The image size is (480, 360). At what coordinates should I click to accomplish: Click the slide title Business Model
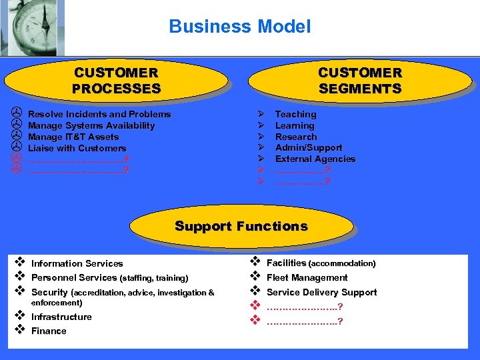pos(239,27)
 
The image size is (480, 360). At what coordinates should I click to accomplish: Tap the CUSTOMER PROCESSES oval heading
pos(116,81)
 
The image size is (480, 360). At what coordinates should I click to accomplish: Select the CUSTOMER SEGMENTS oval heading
pos(360,81)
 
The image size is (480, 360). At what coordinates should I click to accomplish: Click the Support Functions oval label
pos(241,226)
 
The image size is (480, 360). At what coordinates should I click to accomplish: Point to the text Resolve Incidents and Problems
pos(99,114)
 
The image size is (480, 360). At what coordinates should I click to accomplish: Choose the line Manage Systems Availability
pos(91,125)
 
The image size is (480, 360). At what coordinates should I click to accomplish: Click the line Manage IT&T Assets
pos(73,137)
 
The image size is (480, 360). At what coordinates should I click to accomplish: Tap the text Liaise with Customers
pos(77,148)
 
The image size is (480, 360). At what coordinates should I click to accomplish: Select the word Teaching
pos(295,114)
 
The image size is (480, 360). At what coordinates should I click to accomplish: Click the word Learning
pos(295,125)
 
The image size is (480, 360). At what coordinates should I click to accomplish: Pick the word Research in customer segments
pos(296,137)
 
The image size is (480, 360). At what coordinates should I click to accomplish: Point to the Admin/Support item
pos(309,147)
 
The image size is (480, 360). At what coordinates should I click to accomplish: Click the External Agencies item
pos(315,159)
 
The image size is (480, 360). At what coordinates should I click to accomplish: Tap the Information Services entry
pos(77,263)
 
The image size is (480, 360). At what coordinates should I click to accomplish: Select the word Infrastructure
pos(61,317)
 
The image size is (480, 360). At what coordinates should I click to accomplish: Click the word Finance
pos(49,331)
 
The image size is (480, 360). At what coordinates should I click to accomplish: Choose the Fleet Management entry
pos(307,277)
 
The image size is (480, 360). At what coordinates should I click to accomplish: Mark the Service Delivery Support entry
pos(321,292)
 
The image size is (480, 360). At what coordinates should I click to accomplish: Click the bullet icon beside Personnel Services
pos(20,277)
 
